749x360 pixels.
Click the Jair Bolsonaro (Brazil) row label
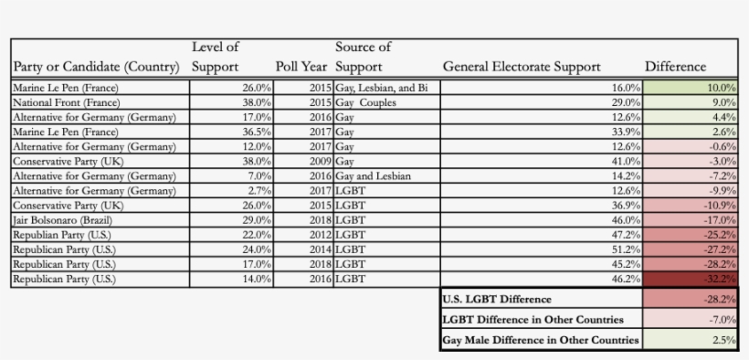pos(55,220)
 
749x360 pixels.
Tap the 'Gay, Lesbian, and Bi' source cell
pos(382,88)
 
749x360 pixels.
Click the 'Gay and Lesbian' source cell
pos(373,175)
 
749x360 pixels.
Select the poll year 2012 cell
pos(320,235)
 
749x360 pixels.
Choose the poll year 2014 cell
pos(320,249)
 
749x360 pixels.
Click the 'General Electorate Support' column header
pos(522,67)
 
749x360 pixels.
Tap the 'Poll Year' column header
pos(302,67)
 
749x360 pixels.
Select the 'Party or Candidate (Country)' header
pos(96,67)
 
